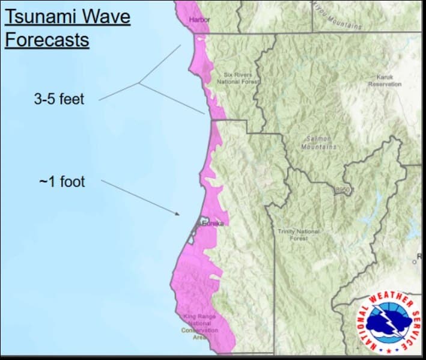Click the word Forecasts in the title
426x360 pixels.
(47, 40)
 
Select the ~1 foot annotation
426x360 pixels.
(62, 181)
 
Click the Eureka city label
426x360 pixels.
(213, 224)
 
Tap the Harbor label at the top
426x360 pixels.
(199, 20)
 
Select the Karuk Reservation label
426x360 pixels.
(385, 81)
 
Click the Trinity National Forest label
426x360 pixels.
(299, 234)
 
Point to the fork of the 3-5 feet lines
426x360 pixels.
(139, 83)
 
